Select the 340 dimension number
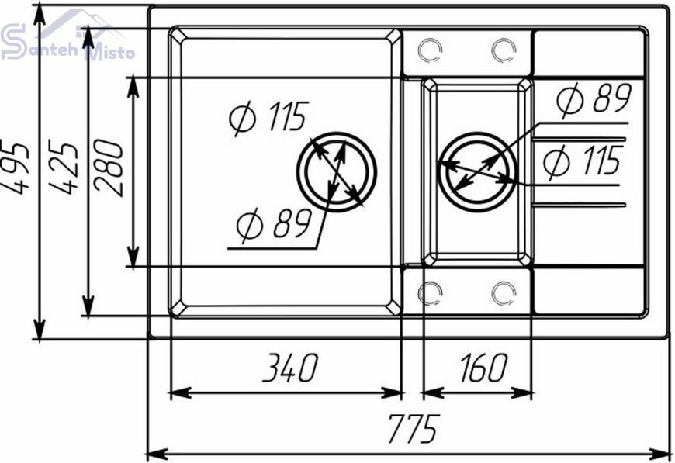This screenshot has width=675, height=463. pyautogui.click(x=291, y=368)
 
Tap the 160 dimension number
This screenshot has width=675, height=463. pyautogui.click(x=484, y=368)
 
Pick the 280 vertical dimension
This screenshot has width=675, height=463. pyautogui.click(x=109, y=168)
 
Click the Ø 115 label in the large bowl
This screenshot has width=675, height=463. pyautogui.click(x=269, y=116)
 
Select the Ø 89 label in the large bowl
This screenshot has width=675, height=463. pyautogui.click(x=274, y=224)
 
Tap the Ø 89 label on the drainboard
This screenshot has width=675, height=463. pyautogui.click(x=594, y=99)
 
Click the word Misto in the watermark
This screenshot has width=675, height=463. pyautogui.click(x=111, y=53)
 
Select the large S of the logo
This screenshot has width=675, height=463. pyautogui.click(x=13, y=41)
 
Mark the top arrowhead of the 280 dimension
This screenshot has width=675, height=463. pyautogui.click(x=133, y=88)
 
